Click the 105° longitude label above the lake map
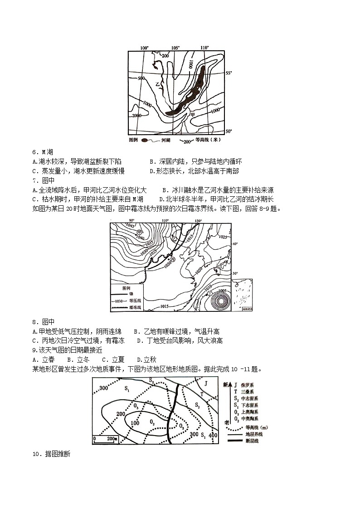click(175, 48)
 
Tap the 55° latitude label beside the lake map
click(229, 73)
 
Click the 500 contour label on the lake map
click(141, 78)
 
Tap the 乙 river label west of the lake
click(157, 84)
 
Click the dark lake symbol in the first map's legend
click(145, 141)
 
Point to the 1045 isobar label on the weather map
click(118, 226)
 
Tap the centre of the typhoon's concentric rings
click(221, 300)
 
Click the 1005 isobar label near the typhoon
click(222, 290)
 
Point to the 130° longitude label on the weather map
click(198, 221)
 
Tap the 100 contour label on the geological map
click(134, 423)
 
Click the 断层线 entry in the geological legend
click(243, 440)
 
